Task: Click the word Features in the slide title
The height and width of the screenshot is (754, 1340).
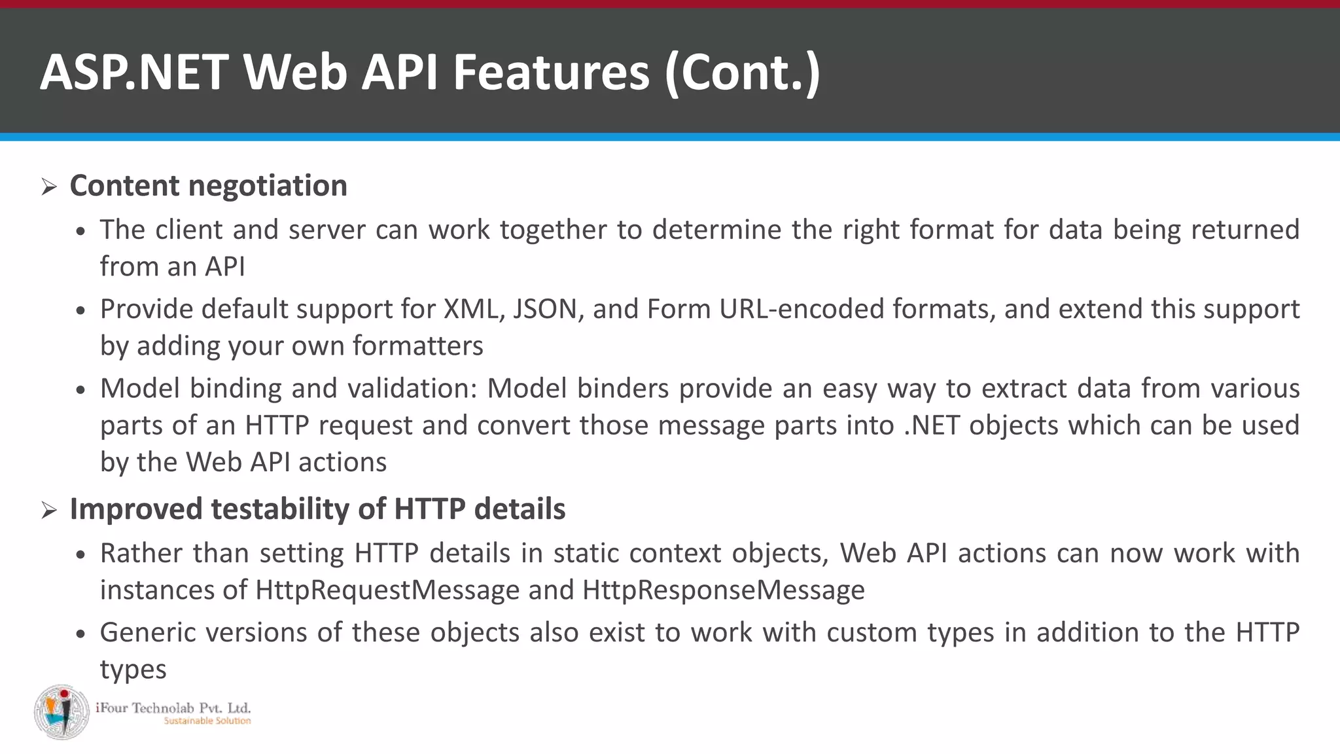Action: point(551,72)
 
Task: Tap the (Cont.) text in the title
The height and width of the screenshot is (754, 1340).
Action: point(742,72)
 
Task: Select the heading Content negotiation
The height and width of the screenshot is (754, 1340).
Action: point(208,186)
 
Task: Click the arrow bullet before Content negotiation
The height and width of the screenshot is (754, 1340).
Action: point(49,188)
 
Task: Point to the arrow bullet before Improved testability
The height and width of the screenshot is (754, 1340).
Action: point(49,511)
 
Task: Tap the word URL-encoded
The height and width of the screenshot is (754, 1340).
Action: point(802,309)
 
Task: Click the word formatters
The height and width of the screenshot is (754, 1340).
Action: point(417,346)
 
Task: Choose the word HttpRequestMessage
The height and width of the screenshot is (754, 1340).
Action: point(387,590)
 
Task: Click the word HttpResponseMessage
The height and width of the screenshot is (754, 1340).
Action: point(723,590)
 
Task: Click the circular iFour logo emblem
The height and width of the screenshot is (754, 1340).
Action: point(62,712)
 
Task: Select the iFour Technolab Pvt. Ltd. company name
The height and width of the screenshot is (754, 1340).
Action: point(173,708)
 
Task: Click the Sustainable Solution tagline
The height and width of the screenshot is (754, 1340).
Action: point(207,721)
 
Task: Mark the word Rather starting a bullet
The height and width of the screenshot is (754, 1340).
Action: point(141,554)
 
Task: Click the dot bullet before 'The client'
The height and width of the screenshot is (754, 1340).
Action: point(80,232)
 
